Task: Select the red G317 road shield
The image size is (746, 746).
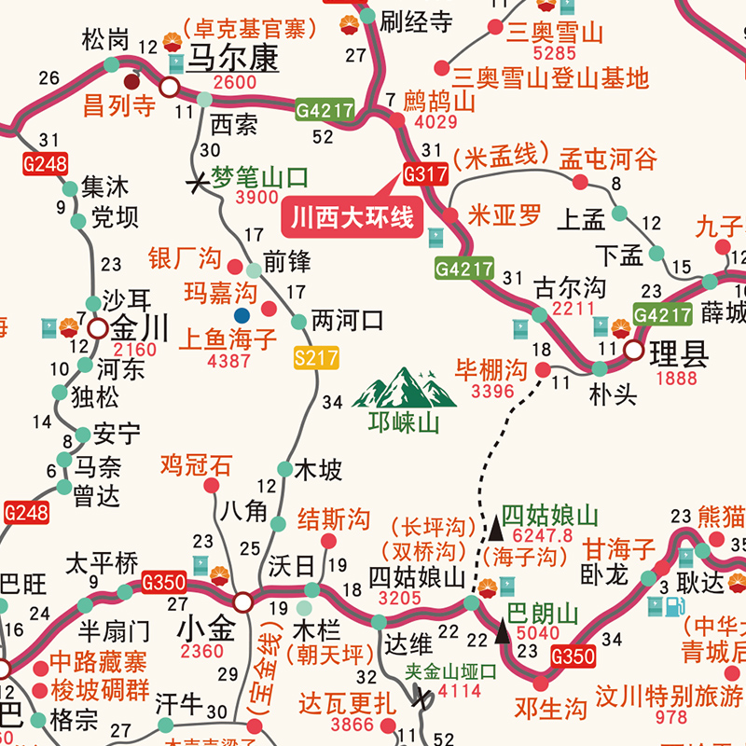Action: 425,173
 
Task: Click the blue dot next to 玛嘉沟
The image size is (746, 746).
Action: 242,315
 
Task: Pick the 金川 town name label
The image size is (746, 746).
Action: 140,329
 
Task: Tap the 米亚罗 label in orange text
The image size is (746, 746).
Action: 504,215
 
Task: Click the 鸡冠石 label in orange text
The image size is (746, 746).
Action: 195,463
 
